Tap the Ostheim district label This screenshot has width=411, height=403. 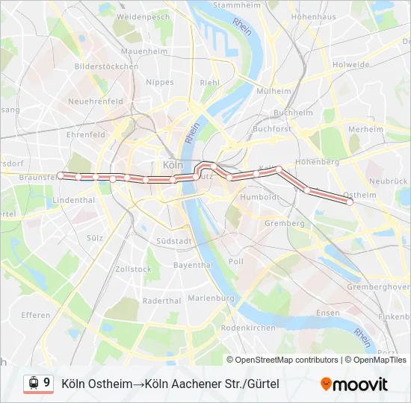click(362, 194)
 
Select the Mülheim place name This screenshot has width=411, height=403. click(274, 90)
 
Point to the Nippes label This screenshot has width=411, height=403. click(160, 82)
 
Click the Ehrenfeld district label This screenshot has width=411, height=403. click(86, 135)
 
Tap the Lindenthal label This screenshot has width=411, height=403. click(74, 200)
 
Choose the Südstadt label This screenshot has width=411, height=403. click(175, 241)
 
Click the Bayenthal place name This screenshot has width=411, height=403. click(193, 265)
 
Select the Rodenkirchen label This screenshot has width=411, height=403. click(249, 328)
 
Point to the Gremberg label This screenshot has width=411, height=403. click(284, 223)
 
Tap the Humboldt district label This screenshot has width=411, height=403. click(258, 197)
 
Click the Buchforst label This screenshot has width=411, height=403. click(272, 128)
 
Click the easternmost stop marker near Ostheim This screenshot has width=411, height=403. click(350, 201)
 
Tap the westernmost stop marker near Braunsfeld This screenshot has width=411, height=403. click(61, 175)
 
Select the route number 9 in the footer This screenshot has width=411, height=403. click(47, 383)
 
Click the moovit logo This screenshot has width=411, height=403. click(354, 384)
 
